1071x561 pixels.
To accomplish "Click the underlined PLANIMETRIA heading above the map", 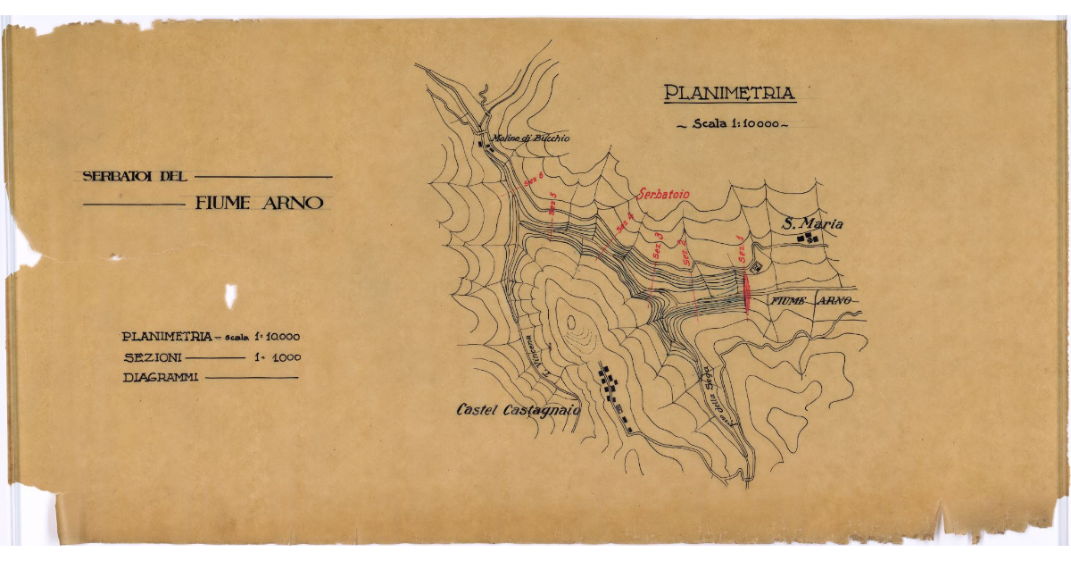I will point(728,92).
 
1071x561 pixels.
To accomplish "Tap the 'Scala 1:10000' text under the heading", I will point(732,124).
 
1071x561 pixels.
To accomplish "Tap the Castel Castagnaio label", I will point(518,410).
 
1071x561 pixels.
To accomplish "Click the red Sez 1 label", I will point(740,246).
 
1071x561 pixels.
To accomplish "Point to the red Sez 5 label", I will point(553,202).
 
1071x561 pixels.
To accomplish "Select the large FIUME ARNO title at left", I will point(259,203).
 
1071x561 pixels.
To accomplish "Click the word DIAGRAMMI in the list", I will point(160,378).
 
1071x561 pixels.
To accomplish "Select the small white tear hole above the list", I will point(231,295).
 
